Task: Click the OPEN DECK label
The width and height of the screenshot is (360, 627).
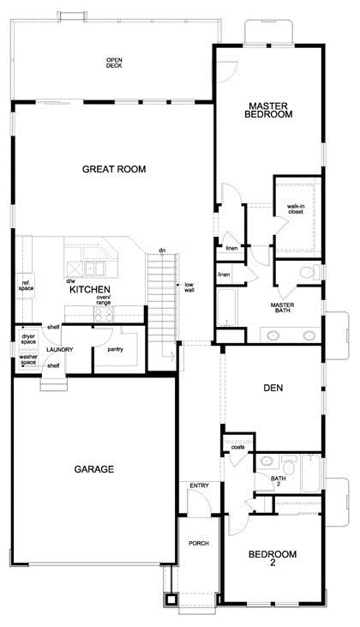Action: click(x=114, y=63)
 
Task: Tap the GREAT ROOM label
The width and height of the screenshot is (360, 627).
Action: click(x=114, y=169)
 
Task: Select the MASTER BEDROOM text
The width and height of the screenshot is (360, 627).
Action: click(x=268, y=110)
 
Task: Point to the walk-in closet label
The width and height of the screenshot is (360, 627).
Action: click(x=295, y=208)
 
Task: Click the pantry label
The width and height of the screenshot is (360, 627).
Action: click(x=115, y=349)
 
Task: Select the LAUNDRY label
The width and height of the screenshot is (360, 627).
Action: click(x=59, y=350)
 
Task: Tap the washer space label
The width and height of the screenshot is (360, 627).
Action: click(x=27, y=360)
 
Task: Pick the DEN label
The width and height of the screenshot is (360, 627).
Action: click(x=274, y=388)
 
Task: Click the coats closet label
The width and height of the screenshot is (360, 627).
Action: click(x=237, y=447)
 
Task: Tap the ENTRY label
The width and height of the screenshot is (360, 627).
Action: click(x=199, y=486)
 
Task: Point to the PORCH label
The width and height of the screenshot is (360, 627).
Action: click(x=199, y=544)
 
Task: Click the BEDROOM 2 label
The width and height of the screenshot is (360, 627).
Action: click(x=273, y=558)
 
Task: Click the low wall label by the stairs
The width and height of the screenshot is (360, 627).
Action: click(x=187, y=287)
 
